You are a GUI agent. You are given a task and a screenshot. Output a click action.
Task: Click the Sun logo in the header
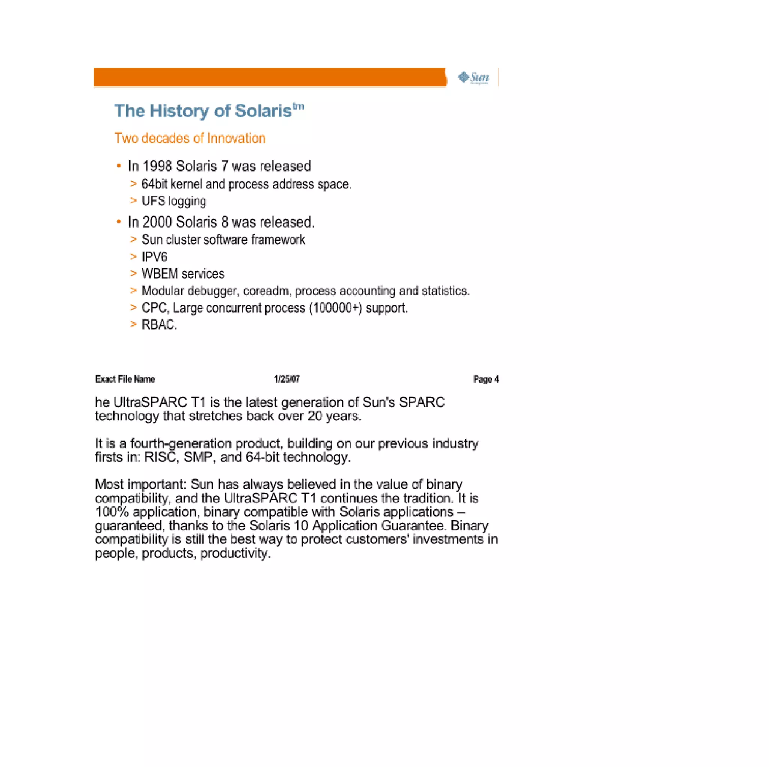[473, 77]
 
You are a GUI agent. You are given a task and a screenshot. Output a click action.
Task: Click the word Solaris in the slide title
[263, 111]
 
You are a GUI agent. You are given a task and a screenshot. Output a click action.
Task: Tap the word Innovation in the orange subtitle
[236, 139]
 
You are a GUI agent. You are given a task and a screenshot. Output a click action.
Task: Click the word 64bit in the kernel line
[154, 184]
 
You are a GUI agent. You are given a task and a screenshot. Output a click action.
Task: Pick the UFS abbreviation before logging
[153, 201]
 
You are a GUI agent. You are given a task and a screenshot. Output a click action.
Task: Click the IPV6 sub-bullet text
[154, 257]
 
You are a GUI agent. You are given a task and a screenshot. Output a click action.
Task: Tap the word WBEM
[160, 274]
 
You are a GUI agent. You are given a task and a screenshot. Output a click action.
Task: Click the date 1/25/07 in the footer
[286, 379]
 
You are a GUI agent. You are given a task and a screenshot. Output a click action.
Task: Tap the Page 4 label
[486, 379]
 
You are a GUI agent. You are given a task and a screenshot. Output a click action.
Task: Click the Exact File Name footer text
[125, 379]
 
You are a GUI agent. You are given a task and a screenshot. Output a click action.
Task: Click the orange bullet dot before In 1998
[119, 166]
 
